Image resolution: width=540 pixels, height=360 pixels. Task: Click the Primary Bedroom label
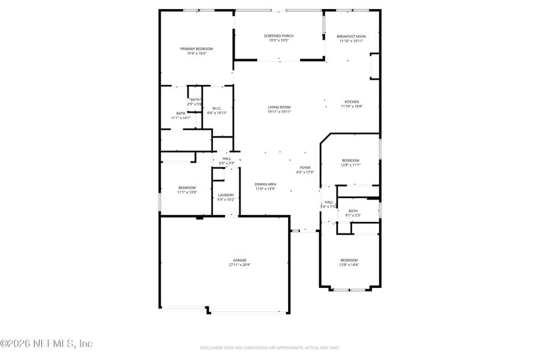pos(197,49)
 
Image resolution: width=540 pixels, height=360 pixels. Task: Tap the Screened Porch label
pos(278,36)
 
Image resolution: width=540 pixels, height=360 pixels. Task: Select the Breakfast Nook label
pos(352,36)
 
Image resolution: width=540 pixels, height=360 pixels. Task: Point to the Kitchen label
pos(352,101)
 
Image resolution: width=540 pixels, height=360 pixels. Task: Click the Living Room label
pos(279,107)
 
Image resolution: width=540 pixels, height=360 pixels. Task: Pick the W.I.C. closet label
pos(217,108)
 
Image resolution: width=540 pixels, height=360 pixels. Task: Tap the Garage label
pos(240,260)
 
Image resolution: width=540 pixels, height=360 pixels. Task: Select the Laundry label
pos(226,194)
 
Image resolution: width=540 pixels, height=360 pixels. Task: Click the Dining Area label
pos(265,184)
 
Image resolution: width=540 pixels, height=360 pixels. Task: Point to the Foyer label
pos(305,167)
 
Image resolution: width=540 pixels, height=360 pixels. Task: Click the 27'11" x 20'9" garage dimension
pos(240,265)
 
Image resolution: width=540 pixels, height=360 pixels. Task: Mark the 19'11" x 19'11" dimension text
pos(279,112)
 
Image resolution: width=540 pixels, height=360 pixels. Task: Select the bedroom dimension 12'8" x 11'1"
pos(350,165)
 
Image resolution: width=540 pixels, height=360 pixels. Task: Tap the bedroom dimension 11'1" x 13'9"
pos(187,193)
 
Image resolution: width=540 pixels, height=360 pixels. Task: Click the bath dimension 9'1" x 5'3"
pos(353,215)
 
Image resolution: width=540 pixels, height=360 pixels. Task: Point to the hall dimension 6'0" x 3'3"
pos(227,163)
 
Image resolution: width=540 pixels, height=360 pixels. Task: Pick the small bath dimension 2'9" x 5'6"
pos(195,104)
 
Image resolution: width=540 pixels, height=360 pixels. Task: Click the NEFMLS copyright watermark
pos(46,344)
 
